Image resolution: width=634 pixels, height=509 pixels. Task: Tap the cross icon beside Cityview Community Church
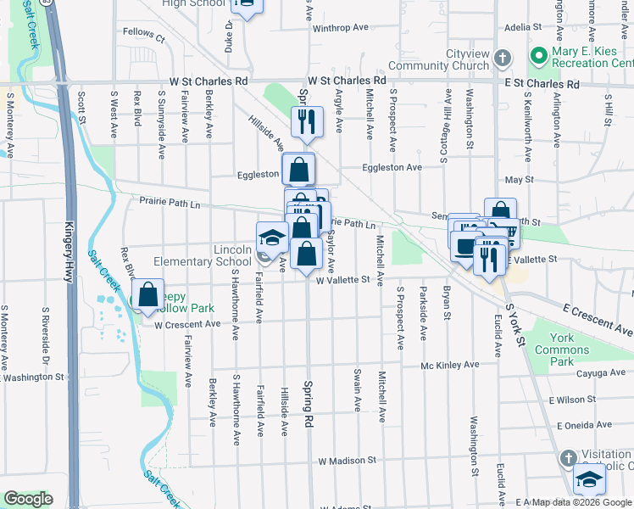tap(503, 59)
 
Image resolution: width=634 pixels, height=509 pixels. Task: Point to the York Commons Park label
tap(556, 349)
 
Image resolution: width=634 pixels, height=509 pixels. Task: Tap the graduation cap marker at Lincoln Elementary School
tap(271, 237)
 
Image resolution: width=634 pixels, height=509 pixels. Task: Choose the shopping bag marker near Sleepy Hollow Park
tap(148, 295)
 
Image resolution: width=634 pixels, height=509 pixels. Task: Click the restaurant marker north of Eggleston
tap(307, 121)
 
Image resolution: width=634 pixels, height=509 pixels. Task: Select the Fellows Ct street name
tap(143, 36)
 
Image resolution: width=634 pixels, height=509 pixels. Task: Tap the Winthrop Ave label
tap(341, 27)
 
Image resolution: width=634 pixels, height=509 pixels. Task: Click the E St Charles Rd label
tap(541, 85)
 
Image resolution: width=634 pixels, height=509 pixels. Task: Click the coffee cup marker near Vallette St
tap(465, 245)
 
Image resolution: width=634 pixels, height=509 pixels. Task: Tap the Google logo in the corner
tap(28, 500)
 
